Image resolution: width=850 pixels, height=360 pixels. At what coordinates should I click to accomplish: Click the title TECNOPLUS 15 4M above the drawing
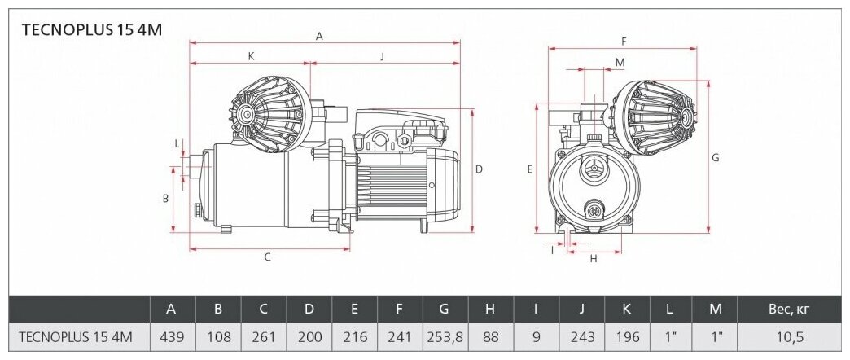coord(92,30)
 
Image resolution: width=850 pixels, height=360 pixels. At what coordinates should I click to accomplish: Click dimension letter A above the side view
coord(319,37)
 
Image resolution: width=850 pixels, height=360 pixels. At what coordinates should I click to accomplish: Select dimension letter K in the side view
coord(251,55)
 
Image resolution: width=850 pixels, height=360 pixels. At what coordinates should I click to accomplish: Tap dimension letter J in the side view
coord(382,55)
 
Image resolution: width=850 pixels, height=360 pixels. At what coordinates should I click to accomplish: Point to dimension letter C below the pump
coord(267,257)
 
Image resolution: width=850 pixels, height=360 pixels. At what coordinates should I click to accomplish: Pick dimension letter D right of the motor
coord(479,169)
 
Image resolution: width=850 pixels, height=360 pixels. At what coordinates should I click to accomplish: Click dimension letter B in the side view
coord(166,199)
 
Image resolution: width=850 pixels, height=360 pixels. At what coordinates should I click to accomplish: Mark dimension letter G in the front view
coord(715,158)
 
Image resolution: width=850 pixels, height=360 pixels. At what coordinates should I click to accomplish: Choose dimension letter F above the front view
coord(624,42)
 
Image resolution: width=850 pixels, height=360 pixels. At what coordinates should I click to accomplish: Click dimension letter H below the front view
coord(594,259)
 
